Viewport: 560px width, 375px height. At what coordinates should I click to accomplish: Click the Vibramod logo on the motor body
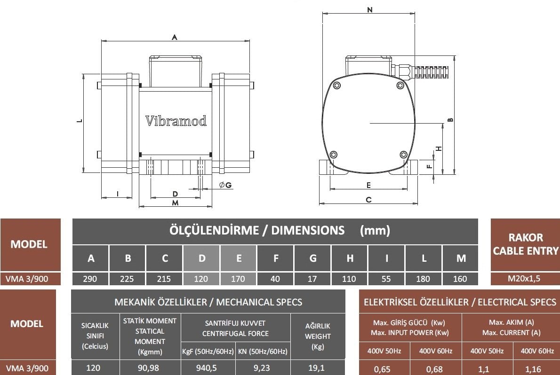tap(176, 121)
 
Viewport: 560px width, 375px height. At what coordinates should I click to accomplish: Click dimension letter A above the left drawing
tap(174, 37)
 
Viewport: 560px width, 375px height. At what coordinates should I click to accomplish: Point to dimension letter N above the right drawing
tap(369, 10)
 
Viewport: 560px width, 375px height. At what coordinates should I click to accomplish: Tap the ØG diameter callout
tap(225, 185)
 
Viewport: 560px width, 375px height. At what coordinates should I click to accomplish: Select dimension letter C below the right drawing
tap(368, 200)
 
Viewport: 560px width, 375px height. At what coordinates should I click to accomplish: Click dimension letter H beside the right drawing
tap(439, 148)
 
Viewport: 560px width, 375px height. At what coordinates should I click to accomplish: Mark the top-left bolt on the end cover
tap(336, 85)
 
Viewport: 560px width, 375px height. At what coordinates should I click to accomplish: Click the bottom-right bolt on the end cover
tap(404, 155)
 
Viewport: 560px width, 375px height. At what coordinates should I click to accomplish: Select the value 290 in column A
tap(90, 279)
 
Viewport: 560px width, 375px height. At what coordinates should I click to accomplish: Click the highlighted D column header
tap(202, 258)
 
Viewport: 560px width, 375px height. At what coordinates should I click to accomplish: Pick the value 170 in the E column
tap(238, 279)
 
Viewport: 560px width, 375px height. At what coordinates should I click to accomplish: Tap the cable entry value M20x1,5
tap(524, 279)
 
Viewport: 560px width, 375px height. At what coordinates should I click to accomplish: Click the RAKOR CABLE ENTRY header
tap(526, 244)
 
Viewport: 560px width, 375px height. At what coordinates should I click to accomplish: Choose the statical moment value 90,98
tap(149, 368)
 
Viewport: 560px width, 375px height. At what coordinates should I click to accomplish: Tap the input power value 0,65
tap(382, 369)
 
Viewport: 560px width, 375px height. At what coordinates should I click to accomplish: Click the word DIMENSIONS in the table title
tap(308, 230)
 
